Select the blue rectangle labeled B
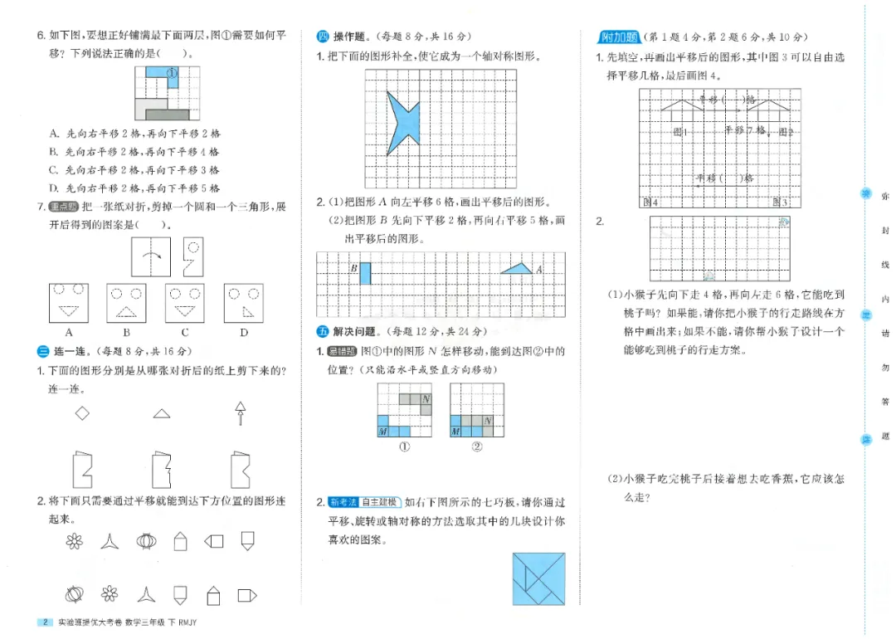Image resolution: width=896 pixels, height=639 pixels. coord(365,273)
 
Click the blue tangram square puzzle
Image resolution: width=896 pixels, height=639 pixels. coord(538,578)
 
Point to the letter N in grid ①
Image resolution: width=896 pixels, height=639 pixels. coord(426,399)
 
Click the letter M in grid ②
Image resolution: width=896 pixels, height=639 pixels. coord(455,432)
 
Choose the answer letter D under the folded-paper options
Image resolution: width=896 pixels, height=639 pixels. coord(244,333)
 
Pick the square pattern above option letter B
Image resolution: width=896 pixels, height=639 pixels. coord(126,302)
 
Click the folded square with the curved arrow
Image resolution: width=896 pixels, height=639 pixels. coord(150,256)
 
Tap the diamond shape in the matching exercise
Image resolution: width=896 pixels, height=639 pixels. coord(82,412)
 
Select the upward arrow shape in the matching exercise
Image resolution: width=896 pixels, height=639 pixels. coord(241,412)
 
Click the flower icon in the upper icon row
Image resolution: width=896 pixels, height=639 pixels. coord(75,542)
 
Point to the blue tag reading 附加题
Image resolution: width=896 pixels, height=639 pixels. coord(619,37)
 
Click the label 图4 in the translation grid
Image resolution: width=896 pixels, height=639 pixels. coord(650,202)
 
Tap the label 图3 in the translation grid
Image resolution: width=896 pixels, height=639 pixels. coord(780,202)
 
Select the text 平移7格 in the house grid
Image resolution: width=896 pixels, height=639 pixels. coord(745,130)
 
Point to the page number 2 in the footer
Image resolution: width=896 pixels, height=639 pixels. coord(45,622)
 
